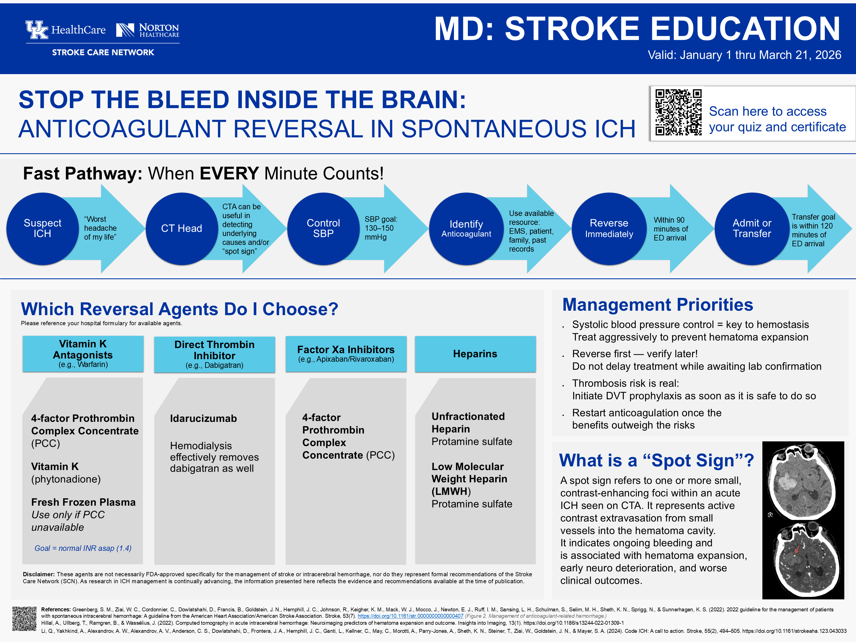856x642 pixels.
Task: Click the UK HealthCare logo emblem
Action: coord(37,30)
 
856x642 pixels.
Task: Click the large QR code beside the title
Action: coord(678,112)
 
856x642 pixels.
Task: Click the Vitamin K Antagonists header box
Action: coord(83,354)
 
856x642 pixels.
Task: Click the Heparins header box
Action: coord(475,354)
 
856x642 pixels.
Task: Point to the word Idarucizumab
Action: coord(203,418)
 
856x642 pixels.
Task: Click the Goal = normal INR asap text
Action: coord(83,548)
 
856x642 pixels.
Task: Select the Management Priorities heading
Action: coord(658,305)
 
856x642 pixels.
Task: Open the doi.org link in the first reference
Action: coord(410,616)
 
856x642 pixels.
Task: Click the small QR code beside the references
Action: coord(24,618)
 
